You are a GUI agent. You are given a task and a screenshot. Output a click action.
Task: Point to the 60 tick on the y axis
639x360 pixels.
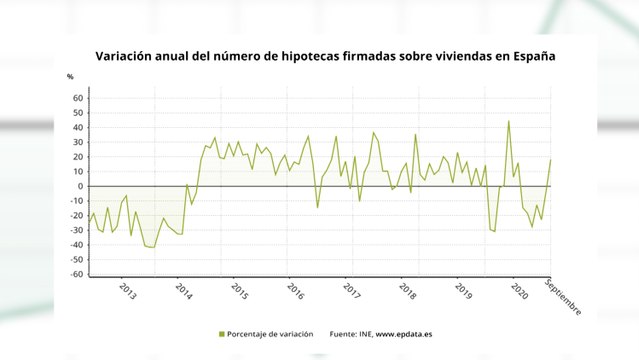tap(78, 98)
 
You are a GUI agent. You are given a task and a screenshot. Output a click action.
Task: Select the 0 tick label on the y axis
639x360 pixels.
tap(81, 186)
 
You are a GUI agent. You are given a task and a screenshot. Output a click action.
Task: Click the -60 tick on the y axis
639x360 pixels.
tap(76, 274)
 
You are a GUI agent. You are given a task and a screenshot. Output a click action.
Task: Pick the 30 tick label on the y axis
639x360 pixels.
tap(78, 142)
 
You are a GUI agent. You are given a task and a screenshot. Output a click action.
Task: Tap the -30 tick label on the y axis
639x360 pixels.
tap(76, 230)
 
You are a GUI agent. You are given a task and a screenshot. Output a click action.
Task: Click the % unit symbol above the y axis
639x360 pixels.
tap(70, 76)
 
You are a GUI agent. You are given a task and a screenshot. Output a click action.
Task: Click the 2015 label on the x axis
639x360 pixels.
tap(240, 291)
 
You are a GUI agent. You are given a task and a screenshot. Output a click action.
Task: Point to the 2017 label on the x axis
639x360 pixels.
tap(352, 291)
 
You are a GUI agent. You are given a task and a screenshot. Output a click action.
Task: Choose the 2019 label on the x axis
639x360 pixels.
tap(464, 291)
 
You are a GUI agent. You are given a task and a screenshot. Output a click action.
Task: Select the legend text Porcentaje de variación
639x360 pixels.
tap(269, 334)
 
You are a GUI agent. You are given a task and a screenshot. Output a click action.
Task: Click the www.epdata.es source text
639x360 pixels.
tap(410, 334)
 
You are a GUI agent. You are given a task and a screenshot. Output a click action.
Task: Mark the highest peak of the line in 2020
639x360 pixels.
tap(509, 121)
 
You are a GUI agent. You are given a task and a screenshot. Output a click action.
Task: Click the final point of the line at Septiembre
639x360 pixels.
tap(550, 160)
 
